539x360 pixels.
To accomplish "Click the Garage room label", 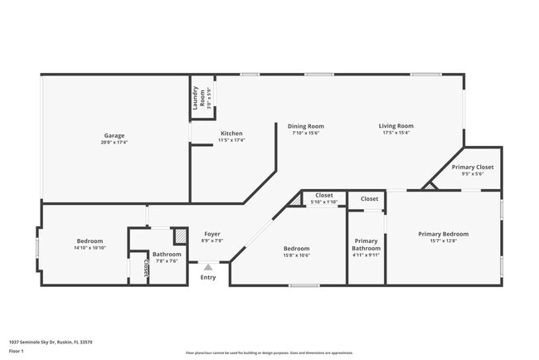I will tap(114, 135).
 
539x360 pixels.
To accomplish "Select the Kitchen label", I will tap(231, 134).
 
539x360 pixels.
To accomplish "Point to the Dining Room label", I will tap(305, 126).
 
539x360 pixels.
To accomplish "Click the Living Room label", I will tap(396, 126).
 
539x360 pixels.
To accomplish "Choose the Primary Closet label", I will tap(473, 167).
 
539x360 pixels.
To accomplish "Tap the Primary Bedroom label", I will tap(443, 234).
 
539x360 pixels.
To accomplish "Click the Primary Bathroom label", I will tap(366, 244).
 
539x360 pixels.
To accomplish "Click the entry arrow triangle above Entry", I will tap(208, 267).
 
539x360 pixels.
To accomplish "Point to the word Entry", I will tap(208, 277).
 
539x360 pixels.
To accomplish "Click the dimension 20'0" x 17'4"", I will tap(114, 142).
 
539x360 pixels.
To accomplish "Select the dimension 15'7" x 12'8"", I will tap(443, 241).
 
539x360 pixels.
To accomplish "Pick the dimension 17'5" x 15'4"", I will tap(396, 133).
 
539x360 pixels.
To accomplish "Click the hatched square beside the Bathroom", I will tap(180, 235).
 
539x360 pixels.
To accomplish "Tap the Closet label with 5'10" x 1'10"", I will tap(324, 195).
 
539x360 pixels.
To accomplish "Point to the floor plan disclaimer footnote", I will tap(269, 353).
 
